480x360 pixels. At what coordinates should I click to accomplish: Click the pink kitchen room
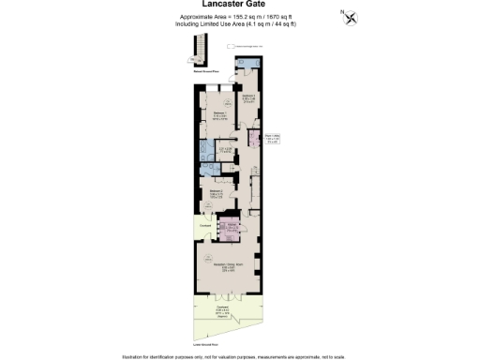[x=230, y=228]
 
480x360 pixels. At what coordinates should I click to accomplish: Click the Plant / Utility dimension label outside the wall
[x=272, y=139]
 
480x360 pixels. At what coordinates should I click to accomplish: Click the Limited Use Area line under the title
[x=239, y=25]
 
